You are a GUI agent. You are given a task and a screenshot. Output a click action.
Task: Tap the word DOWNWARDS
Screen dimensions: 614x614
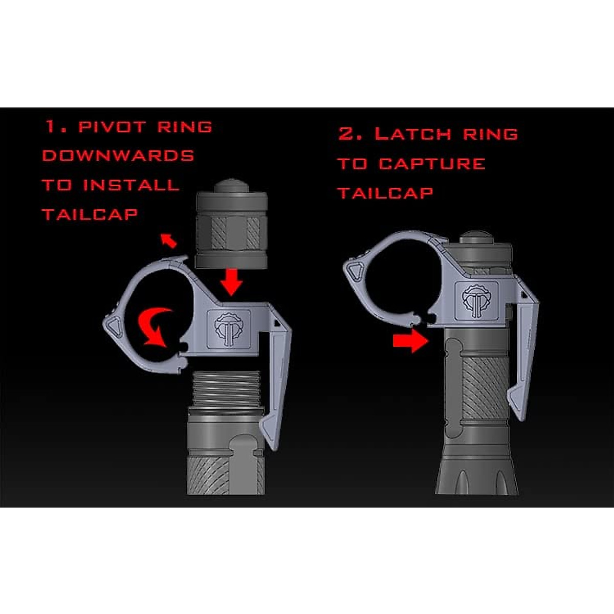point(118,156)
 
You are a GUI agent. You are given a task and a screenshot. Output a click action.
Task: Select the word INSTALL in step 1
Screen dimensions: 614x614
point(131,185)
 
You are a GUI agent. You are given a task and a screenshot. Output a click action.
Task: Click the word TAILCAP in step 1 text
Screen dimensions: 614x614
point(90,214)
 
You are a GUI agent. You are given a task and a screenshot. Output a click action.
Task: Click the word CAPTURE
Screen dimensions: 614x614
point(432,164)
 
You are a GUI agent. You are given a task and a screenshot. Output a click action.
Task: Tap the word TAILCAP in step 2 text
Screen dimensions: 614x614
point(385,193)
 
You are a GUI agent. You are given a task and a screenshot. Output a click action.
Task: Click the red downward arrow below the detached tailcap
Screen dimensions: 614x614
point(232,282)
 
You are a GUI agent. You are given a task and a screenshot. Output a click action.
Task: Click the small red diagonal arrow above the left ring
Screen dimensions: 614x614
point(168,240)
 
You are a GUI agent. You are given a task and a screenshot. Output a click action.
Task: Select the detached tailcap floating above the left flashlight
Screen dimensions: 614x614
point(231,225)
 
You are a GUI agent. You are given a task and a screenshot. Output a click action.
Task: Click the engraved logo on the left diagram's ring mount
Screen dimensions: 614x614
point(228,328)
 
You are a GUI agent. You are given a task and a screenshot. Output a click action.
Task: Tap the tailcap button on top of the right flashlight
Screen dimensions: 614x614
point(476,237)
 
